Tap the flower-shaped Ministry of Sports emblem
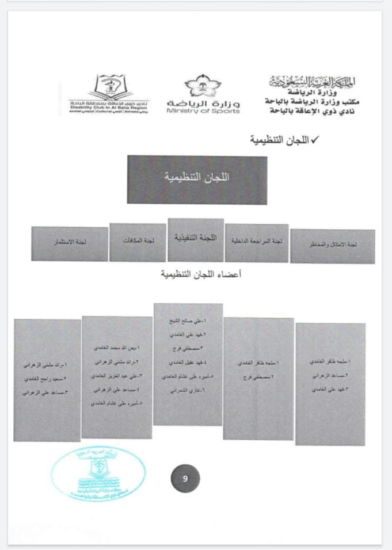tap(203, 86)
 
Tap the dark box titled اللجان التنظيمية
tap(197, 179)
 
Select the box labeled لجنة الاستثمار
tap(69, 243)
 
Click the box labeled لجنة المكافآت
tap(137, 242)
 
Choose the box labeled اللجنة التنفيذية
tap(196, 237)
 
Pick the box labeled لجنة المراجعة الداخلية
tap(256, 242)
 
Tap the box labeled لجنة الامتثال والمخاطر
tap(332, 245)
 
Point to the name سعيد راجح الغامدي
tap(46, 379)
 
